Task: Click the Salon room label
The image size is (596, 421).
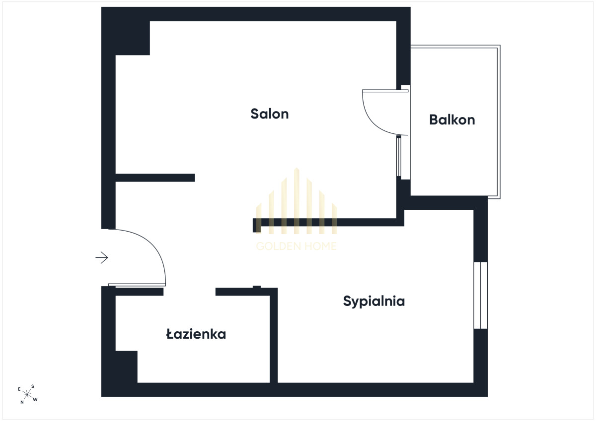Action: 270,114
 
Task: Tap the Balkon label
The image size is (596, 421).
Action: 452,120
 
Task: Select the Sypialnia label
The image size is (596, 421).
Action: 374,301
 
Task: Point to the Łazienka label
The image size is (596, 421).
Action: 196,334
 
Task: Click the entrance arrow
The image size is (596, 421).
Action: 102,257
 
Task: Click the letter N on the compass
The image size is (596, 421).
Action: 22,402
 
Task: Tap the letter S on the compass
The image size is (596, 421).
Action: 33,386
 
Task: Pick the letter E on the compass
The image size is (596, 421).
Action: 19,389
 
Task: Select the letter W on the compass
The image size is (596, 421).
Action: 35,400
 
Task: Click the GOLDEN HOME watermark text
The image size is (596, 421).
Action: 297,246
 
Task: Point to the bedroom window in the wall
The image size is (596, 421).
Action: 481,296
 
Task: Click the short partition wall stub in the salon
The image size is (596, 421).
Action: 155,178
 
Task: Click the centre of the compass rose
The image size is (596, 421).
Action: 27,394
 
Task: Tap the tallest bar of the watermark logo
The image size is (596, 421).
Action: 297,201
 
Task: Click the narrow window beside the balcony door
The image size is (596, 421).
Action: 398,157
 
